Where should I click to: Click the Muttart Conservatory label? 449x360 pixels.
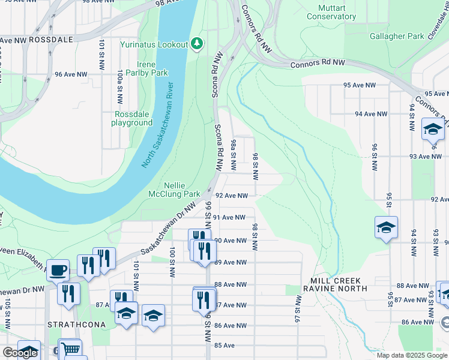pyautogui.click(x=331, y=12)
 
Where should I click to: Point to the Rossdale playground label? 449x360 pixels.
pyautogui.click(x=131, y=118)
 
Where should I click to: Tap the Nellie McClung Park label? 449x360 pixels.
pyautogui.click(x=174, y=190)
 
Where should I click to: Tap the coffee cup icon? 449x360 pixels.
pyautogui.click(x=58, y=270)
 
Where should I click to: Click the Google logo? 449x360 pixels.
pyautogui.click(x=20, y=353)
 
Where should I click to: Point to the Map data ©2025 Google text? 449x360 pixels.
pyautogui.click(x=412, y=355)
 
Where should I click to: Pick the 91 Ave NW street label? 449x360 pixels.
pyautogui.click(x=229, y=217)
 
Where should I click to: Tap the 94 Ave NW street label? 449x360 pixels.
pyautogui.click(x=371, y=113)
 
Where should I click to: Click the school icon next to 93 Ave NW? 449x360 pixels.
pyautogui.click(x=432, y=129)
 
